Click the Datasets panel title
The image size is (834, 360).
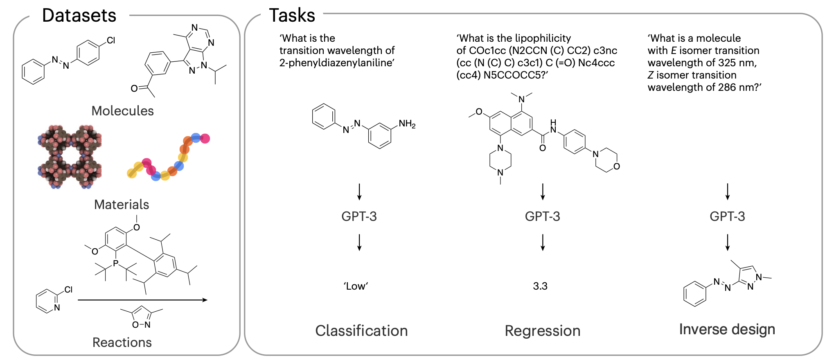(x=79, y=16)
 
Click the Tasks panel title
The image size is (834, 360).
(x=292, y=16)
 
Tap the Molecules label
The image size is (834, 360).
(x=122, y=111)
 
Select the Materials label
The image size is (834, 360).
(x=122, y=205)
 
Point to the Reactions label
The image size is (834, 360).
(x=122, y=342)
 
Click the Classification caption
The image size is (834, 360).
(x=361, y=331)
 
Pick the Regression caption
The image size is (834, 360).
(x=543, y=331)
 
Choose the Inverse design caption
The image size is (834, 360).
(x=727, y=329)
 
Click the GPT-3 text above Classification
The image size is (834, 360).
(x=359, y=216)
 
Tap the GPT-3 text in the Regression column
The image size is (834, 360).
(x=542, y=216)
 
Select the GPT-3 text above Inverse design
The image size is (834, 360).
(x=727, y=216)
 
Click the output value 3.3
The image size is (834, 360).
(x=540, y=286)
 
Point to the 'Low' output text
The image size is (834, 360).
(x=356, y=286)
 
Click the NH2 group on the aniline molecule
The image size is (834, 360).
(x=407, y=124)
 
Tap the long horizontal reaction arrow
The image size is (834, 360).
(x=143, y=300)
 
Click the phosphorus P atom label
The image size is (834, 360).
(x=116, y=263)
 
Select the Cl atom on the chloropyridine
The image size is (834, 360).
(x=68, y=290)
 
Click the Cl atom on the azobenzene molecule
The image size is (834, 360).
(x=111, y=40)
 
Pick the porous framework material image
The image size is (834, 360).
(x=70, y=157)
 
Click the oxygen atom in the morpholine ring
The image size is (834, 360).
(x=616, y=166)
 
